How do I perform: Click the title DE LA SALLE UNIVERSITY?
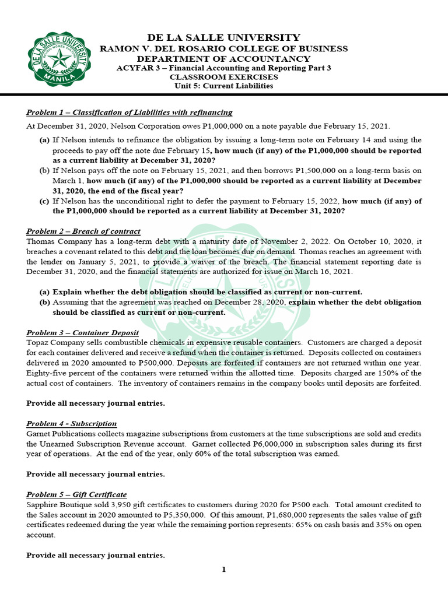point(224,37)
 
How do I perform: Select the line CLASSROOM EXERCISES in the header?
point(224,77)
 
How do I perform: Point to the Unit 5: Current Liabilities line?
point(224,86)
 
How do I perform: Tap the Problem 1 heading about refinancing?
point(129,113)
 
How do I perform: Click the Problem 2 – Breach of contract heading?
point(83,231)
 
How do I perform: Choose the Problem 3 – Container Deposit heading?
point(82,333)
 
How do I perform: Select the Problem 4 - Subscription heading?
point(72,423)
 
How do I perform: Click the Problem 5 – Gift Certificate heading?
point(76,494)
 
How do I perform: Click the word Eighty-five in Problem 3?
point(47,373)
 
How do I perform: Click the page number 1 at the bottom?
point(223,570)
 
